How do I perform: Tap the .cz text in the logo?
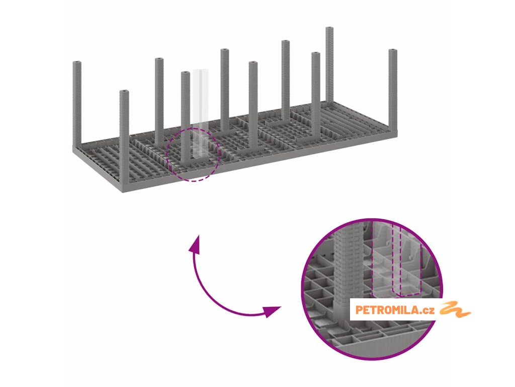[428, 310]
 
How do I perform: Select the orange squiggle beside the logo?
[455, 309]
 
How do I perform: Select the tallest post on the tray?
[329, 66]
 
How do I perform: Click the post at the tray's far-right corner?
[393, 91]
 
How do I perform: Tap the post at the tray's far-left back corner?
[77, 106]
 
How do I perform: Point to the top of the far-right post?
[393, 51]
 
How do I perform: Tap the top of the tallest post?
[329, 29]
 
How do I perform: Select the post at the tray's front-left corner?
[124, 136]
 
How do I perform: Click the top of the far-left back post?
[77, 63]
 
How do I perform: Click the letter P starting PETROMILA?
[359, 310]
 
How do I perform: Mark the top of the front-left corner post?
[124, 92]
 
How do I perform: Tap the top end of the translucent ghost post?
[200, 71]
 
